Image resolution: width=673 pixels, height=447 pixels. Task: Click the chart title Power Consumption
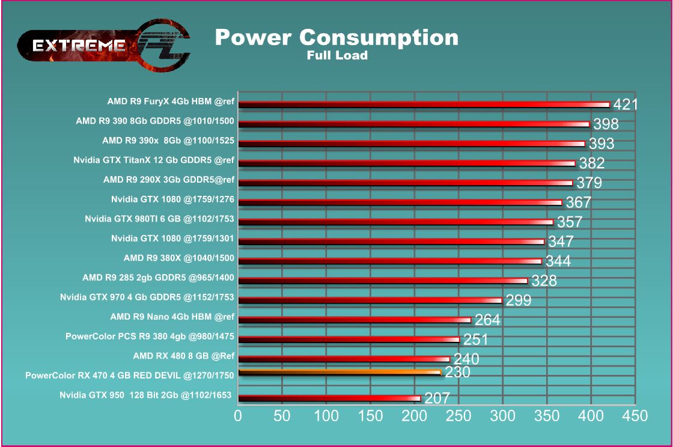(336, 37)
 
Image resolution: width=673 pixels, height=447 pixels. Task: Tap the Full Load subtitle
(336, 56)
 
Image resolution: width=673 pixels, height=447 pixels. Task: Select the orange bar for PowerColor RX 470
(340, 372)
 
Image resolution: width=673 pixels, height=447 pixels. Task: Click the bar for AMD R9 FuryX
(424, 104)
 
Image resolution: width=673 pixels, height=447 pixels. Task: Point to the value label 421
(625, 105)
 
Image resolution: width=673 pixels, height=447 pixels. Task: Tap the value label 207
(437, 398)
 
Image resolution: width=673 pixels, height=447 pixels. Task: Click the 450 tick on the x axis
(635, 416)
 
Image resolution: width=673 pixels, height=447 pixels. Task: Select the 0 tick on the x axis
(239, 416)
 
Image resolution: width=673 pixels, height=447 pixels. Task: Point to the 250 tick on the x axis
(458, 416)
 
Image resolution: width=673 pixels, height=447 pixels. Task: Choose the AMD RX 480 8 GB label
(183, 355)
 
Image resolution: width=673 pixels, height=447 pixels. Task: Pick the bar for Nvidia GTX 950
(329, 398)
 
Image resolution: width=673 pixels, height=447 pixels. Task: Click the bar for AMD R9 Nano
(355, 320)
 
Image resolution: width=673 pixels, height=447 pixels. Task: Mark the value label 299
(518, 300)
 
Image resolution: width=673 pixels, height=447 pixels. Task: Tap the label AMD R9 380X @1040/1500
(178, 258)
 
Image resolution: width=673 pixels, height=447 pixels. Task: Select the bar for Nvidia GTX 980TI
(395, 222)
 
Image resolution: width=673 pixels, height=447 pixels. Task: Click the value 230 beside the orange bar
(457, 372)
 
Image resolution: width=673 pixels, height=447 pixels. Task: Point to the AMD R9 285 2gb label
(158, 278)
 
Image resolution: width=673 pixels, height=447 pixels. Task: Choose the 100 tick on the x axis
(326, 416)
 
